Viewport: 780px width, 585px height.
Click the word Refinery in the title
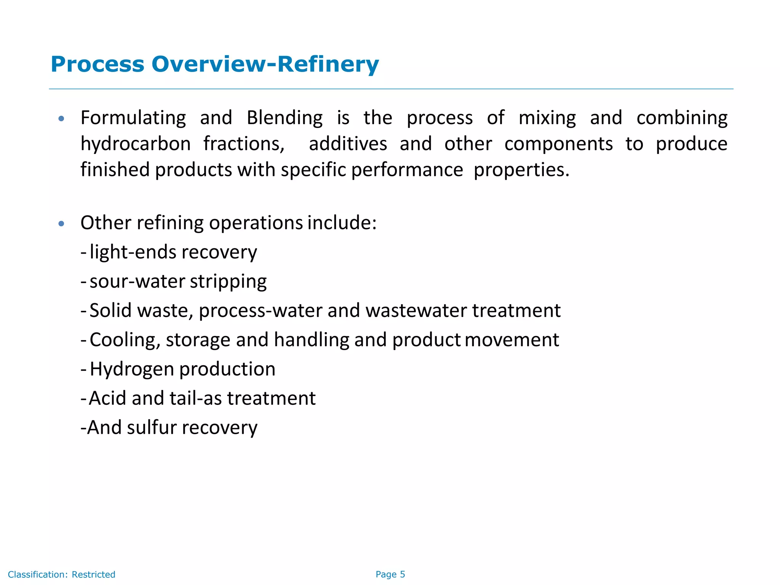pyautogui.click(x=328, y=64)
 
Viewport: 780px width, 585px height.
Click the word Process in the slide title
pyautogui.click(x=97, y=64)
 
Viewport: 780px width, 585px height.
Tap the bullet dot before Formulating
pyautogui.click(x=61, y=119)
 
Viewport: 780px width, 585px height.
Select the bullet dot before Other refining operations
pyautogui.click(x=61, y=224)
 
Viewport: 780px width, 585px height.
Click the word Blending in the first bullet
pyautogui.click(x=285, y=118)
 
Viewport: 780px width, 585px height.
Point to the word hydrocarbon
pyautogui.click(x=136, y=144)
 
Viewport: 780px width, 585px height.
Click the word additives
pyautogui.click(x=348, y=144)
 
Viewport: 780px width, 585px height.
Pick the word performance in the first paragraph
pyautogui.click(x=407, y=170)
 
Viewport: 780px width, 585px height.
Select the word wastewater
pyautogui.click(x=416, y=310)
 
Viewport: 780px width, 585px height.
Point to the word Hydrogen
pyautogui.click(x=132, y=369)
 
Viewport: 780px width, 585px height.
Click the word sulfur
pyautogui.click(x=152, y=427)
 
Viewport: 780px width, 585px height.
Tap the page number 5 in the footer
pyautogui.click(x=403, y=574)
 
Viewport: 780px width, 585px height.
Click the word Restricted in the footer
pyautogui.click(x=93, y=574)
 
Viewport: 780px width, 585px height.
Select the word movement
pyautogui.click(x=512, y=340)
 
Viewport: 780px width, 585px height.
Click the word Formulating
pyautogui.click(x=133, y=118)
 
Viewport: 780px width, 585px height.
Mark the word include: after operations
pyautogui.click(x=342, y=223)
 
